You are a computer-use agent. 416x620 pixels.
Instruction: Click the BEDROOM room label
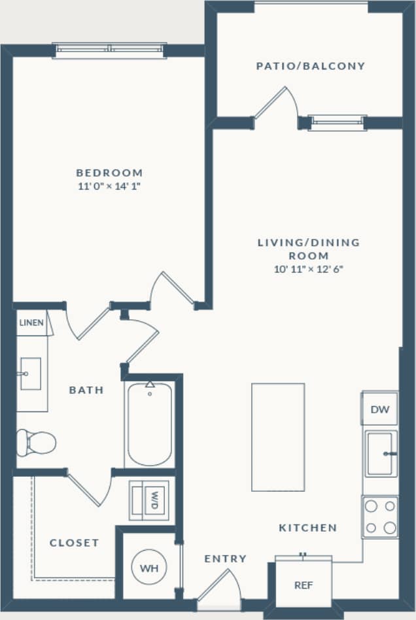(109, 173)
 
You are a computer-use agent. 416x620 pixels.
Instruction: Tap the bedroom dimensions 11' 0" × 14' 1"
(109, 186)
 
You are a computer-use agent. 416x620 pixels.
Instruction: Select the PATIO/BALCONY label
(310, 66)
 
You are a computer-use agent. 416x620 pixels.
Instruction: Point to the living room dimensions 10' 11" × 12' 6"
(309, 269)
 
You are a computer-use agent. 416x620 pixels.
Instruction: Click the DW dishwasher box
(379, 410)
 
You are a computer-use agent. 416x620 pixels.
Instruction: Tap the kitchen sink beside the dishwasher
(381, 453)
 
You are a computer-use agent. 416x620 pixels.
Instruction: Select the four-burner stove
(380, 517)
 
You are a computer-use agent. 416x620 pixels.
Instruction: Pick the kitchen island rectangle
(278, 437)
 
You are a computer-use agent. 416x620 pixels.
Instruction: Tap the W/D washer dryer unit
(150, 500)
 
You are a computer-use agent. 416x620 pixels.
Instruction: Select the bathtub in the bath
(150, 424)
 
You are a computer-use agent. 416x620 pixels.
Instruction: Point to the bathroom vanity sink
(31, 373)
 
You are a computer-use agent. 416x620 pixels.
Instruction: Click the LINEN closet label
(31, 323)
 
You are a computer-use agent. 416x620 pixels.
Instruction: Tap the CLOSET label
(74, 543)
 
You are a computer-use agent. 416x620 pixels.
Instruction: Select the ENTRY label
(225, 559)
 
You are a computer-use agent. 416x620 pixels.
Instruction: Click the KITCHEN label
(307, 528)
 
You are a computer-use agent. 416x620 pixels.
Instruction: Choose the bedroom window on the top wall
(109, 50)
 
